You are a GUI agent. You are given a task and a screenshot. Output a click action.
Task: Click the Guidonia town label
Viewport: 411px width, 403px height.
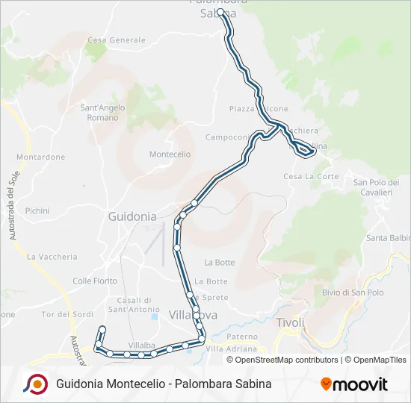pyautogui.click(x=132, y=216)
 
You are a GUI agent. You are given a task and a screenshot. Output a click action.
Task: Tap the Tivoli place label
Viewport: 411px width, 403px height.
pyautogui.click(x=291, y=322)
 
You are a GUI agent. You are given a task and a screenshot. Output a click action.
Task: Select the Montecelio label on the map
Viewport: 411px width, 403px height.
pyautogui.click(x=170, y=154)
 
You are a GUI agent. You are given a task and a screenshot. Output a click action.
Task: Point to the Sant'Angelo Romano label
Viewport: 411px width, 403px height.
pyautogui.click(x=103, y=113)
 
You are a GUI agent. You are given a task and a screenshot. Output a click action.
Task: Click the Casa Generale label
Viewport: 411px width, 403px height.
pyautogui.click(x=117, y=40)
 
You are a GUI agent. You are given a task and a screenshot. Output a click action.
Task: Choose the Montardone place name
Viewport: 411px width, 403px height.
pyautogui.click(x=41, y=157)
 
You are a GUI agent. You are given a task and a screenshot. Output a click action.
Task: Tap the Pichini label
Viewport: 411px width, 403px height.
pyautogui.click(x=37, y=211)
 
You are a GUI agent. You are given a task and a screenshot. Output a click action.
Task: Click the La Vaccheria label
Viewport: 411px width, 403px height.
pyautogui.click(x=52, y=257)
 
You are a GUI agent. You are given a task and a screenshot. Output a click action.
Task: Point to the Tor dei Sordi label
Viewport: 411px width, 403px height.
pyautogui.click(x=67, y=314)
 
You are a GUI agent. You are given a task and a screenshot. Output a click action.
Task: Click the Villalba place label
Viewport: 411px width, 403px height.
pyautogui.click(x=141, y=346)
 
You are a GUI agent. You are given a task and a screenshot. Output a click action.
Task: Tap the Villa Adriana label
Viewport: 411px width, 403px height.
pyautogui.click(x=231, y=349)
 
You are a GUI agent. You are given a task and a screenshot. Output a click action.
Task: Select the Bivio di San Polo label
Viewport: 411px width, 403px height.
pyautogui.click(x=352, y=292)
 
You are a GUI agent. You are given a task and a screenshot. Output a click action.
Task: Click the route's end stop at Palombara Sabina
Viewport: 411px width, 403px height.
pyautogui.click(x=220, y=13)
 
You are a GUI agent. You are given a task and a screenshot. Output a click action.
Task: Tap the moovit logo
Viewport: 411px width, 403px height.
pyautogui.click(x=354, y=384)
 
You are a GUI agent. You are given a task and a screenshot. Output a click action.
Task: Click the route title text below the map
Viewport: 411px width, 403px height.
pyautogui.click(x=164, y=384)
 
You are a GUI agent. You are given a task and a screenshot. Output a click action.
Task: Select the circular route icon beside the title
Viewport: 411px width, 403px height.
pyautogui.click(x=35, y=384)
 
